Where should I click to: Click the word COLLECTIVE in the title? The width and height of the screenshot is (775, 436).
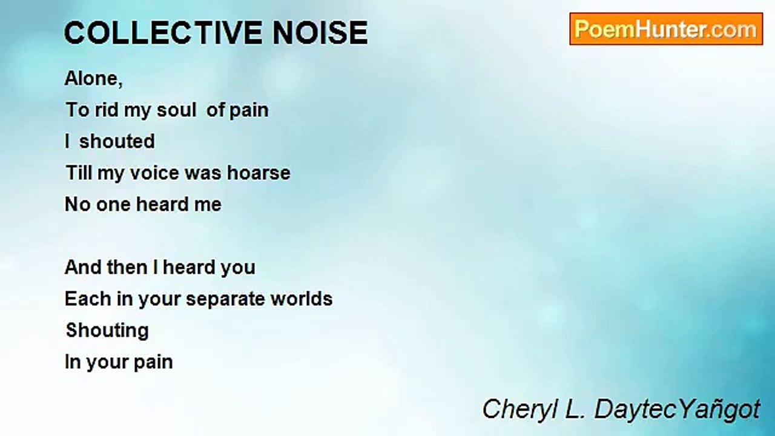pyautogui.click(x=163, y=33)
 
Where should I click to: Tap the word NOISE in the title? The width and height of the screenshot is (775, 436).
pyautogui.click(x=320, y=33)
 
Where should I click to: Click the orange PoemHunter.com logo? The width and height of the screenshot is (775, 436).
pyautogui.click(x=666, y=29)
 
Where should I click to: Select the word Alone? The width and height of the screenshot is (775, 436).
pyautogui.click(x=93, y=78)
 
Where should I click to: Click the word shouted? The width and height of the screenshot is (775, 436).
pyautogui.click(x=117, y=141)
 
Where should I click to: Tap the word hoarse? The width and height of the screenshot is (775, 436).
pyautogui.click(x=259, y=173)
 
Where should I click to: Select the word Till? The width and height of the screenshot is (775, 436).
pyautogui.click(x=79, y=173)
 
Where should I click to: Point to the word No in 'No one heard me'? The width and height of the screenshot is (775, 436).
pyautogui.click(x=77, y=204)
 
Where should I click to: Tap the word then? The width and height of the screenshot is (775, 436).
pyautogui.click(x=127, y=267)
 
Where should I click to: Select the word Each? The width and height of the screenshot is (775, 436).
pyautogui.click(x=88, y=299)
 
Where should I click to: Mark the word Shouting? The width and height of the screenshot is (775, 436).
pyautogui.click(x=107, y=331)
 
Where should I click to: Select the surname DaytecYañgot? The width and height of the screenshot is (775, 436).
pyautogui.click(x=677, y=410)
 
